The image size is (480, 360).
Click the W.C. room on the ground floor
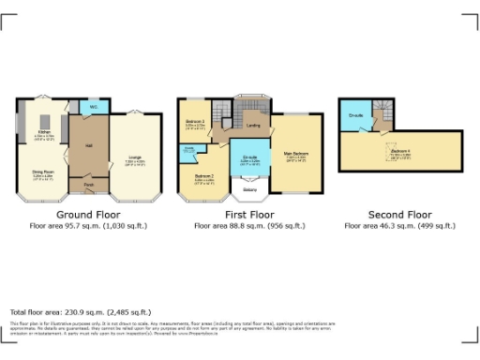click(94, 107)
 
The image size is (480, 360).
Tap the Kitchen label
click(43, 132)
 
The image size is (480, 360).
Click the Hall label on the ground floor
click(88, 145)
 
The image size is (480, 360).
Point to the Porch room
click(88, 186)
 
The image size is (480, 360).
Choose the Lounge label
click(135, 159)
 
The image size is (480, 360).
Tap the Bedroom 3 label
click(194, 123)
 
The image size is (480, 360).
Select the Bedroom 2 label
click(204, 176)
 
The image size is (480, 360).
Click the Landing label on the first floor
click(252, 125)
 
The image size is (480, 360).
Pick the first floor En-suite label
click(250, 157)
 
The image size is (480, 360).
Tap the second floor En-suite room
click(356, 115)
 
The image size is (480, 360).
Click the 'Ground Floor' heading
click(82, 213)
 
